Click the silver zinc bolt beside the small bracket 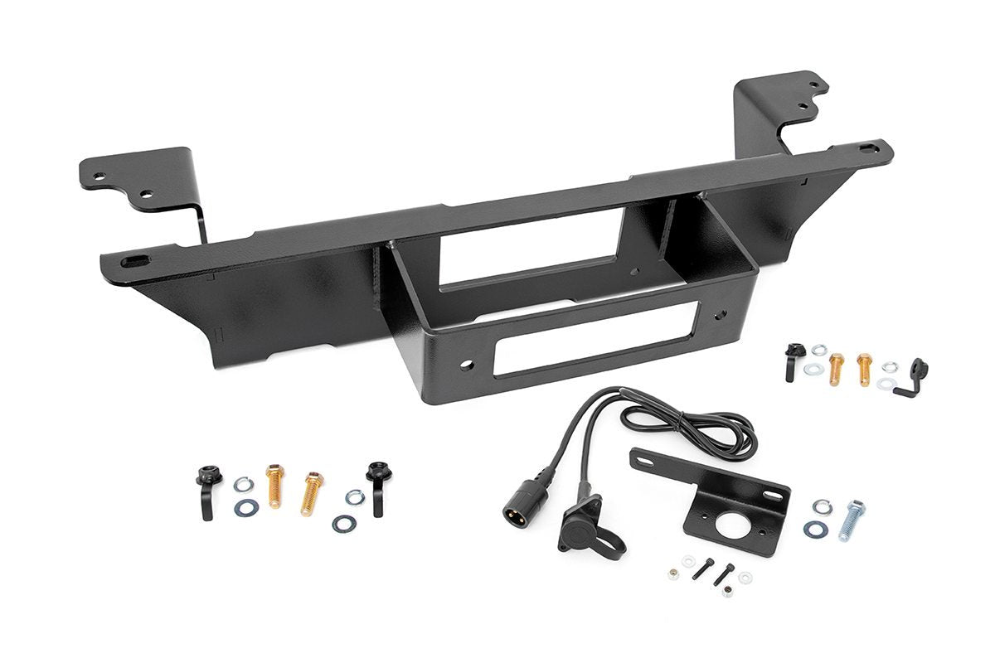click(x=852, y=519)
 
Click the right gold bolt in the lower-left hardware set click(x=311, y=493)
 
